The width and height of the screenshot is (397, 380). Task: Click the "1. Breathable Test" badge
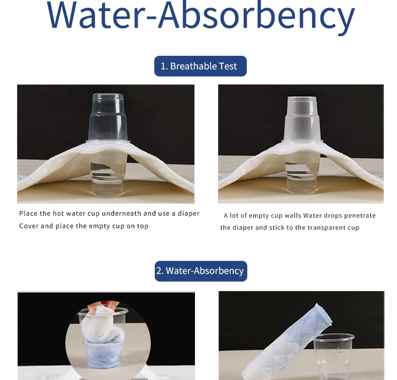[201, 66]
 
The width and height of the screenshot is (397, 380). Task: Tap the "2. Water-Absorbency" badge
[201, 271]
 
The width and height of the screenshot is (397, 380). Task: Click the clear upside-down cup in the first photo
[108, 118]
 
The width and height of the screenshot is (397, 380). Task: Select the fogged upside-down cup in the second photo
[302, 120]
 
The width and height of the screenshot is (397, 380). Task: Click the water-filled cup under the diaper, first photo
[109, 175]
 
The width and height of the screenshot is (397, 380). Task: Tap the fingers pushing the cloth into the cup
[104, 306]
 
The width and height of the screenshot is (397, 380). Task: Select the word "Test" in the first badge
[228, 66]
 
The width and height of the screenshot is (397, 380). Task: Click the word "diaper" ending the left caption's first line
[188, 214]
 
